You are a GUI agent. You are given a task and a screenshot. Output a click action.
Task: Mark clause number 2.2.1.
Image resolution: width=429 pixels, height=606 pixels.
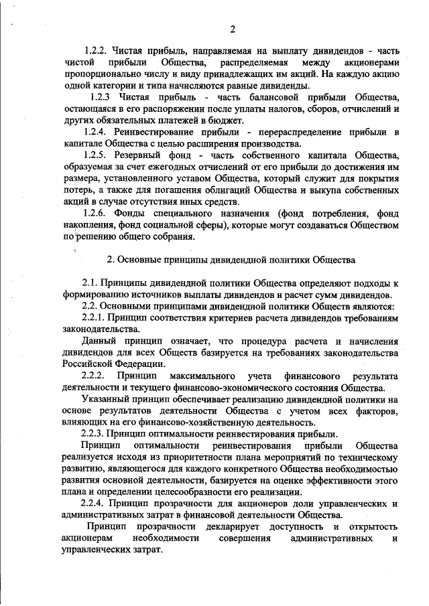(95, 317)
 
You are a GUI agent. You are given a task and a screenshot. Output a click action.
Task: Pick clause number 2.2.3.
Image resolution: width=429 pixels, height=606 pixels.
(95, 434)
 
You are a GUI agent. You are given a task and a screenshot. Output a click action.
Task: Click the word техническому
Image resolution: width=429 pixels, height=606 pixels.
(365, 457)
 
